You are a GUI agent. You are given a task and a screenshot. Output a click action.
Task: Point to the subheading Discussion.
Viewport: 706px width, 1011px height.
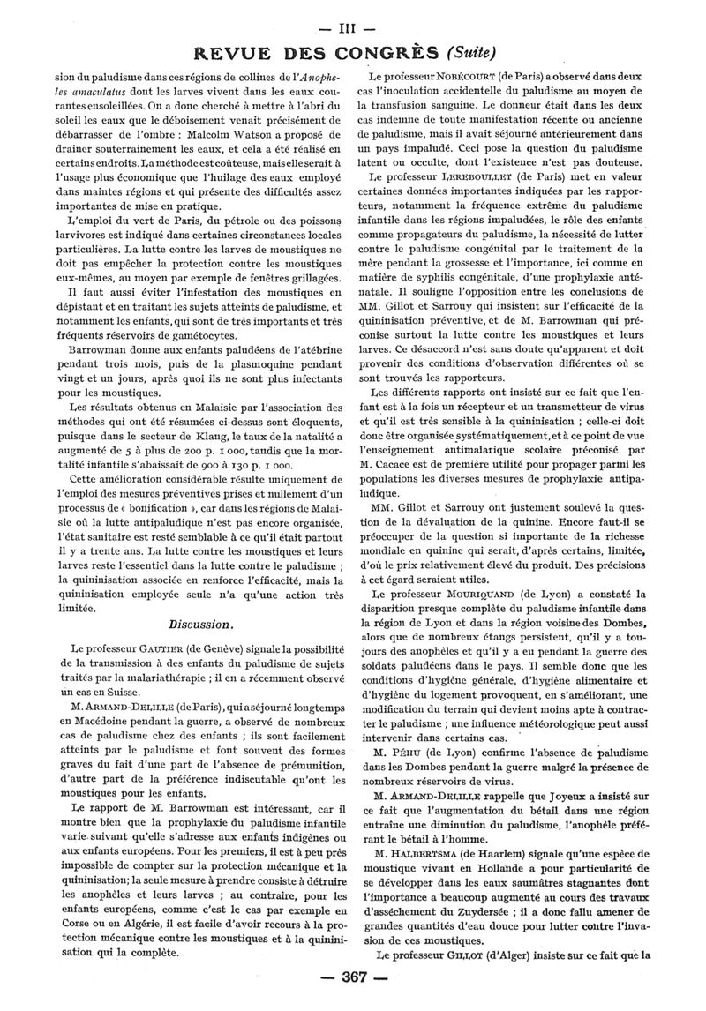coord(201,625)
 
